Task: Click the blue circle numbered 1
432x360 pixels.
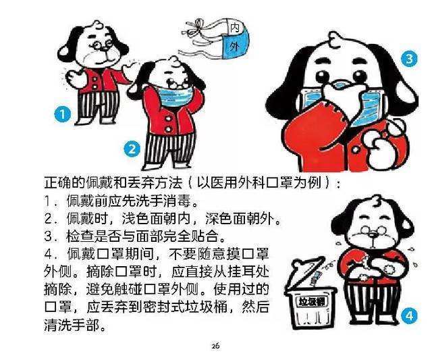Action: click(62, 115)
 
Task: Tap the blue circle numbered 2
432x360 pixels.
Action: click(133, 148)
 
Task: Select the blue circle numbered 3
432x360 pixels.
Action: click(407, 60)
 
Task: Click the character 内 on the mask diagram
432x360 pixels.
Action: click(234, 28)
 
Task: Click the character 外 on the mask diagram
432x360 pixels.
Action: click(234, 46)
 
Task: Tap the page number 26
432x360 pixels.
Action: click(215, 346)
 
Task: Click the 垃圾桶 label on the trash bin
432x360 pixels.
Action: click(313, 301)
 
